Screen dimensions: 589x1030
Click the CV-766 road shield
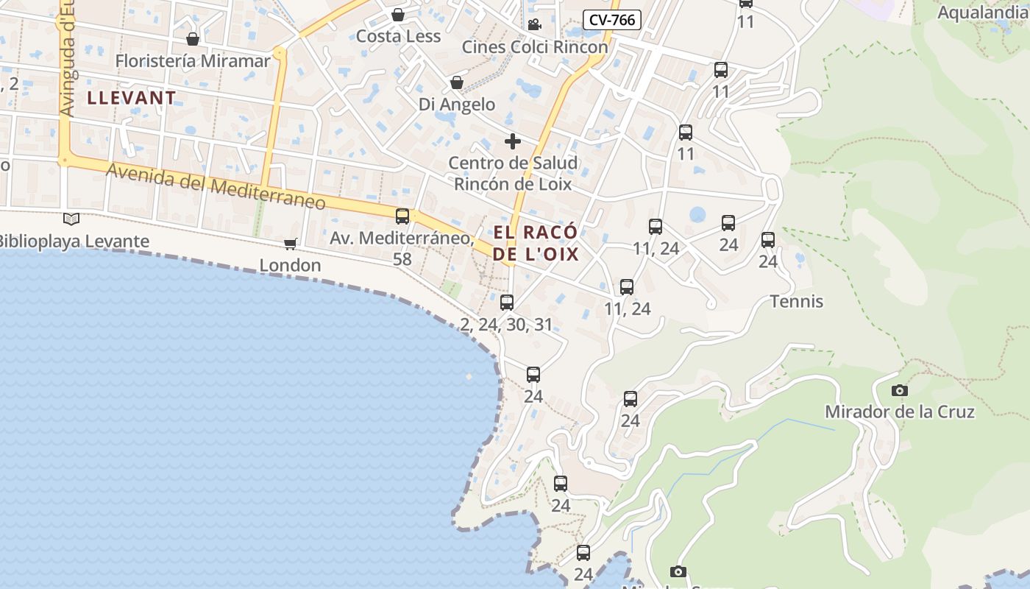point(611,20)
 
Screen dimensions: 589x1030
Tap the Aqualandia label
point(983,13)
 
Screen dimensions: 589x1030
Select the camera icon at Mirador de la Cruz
point(899,390)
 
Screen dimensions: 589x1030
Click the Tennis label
point(796,301)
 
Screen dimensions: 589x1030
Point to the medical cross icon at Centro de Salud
point(513,141)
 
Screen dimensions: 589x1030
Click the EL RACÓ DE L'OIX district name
point(536,244)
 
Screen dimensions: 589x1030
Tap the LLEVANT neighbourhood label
point(132,97)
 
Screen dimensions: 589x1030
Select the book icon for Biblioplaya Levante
point(71,219)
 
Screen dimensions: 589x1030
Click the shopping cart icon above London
point(291,244)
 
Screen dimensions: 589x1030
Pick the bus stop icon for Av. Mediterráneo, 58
point(402,216)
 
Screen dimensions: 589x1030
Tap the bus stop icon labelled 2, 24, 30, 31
point(506,302)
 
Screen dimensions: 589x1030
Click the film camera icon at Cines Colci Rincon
point(534,24)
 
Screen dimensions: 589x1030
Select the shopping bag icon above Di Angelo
point(457,82)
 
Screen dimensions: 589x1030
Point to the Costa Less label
point(398,36)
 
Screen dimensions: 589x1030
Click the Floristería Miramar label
point(193,60)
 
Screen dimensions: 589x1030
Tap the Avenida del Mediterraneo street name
point(216,186)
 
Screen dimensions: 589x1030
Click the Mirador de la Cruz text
point(899,412)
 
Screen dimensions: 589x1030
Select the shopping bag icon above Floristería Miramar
point(193,38)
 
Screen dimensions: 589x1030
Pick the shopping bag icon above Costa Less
point(398,15)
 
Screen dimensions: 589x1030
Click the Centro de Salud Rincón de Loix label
point(513,173)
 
